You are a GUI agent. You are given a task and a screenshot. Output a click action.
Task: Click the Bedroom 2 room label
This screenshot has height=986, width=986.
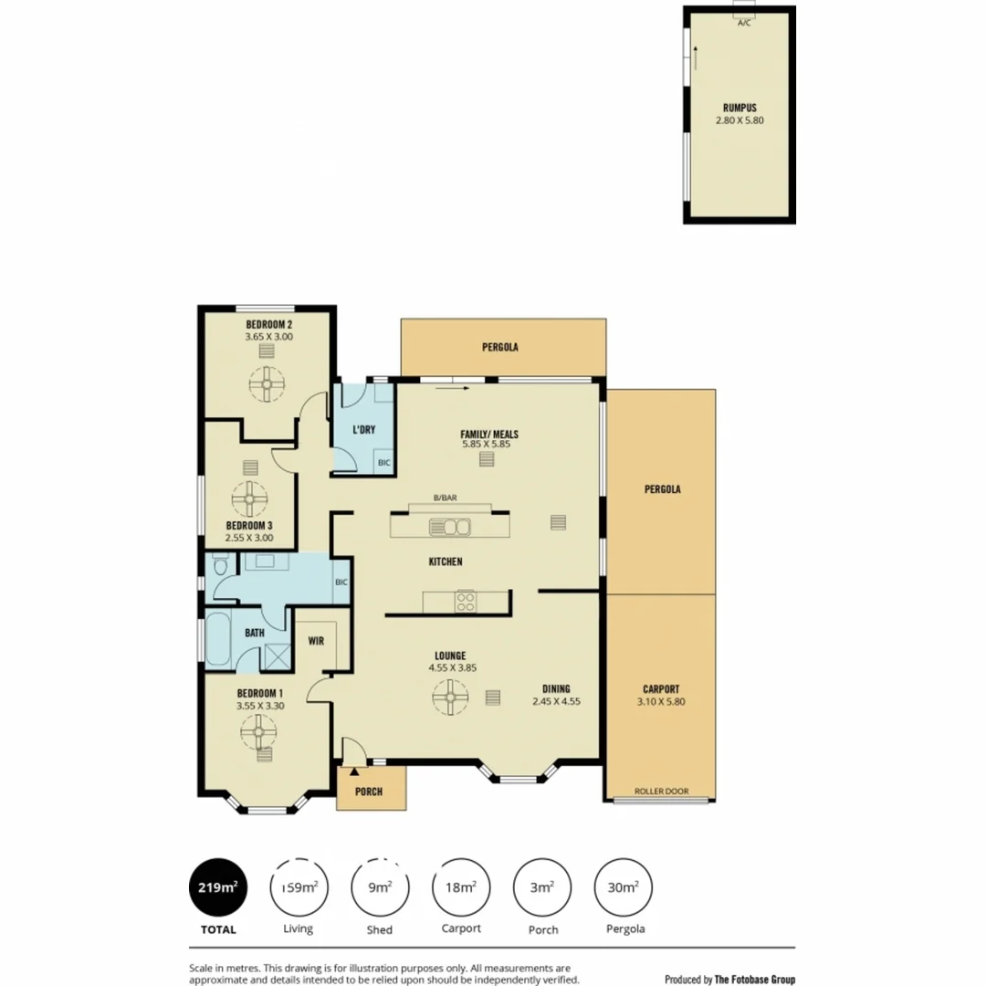click(x=268, y=324)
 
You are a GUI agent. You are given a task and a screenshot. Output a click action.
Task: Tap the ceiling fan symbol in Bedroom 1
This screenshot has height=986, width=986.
click(x=258, y=730)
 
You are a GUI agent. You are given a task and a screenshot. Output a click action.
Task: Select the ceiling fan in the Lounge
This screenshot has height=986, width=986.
click(x=450, y=700)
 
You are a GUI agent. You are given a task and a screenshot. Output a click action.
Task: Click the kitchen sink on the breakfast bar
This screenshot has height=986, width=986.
click(x=451, y=527)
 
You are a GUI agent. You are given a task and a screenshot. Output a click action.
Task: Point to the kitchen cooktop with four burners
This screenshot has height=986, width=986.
click(x=466, y=602)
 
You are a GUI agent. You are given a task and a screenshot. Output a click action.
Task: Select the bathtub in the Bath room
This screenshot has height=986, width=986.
click(x=219, y=642)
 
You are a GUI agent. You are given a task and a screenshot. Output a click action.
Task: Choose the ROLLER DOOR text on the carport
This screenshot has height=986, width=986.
click(x=662, y=792)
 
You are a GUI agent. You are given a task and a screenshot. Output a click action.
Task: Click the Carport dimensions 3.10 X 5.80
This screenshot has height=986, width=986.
click(x=662, y=702)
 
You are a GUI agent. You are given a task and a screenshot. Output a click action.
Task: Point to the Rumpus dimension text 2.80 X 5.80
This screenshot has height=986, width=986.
click(x=739, y=120)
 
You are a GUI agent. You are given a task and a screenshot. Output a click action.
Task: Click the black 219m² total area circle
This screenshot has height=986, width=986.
click(x=218, y=886)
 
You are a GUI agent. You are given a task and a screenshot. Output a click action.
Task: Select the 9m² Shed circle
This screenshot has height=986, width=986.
click(x=380, y=886)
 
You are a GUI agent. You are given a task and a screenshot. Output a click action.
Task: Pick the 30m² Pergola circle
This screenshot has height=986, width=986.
click(x=624, y=886)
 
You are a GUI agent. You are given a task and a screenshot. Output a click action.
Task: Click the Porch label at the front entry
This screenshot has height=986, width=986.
click(x=369, y=792)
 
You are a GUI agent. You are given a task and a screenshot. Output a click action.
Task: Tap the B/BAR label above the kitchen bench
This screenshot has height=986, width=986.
click(x=446, y=498)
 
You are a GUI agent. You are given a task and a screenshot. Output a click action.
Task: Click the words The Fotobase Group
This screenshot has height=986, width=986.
click(x=754, y=980)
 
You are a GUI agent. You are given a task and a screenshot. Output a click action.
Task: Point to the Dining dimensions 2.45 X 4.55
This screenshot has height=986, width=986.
click(x=557, y=702)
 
